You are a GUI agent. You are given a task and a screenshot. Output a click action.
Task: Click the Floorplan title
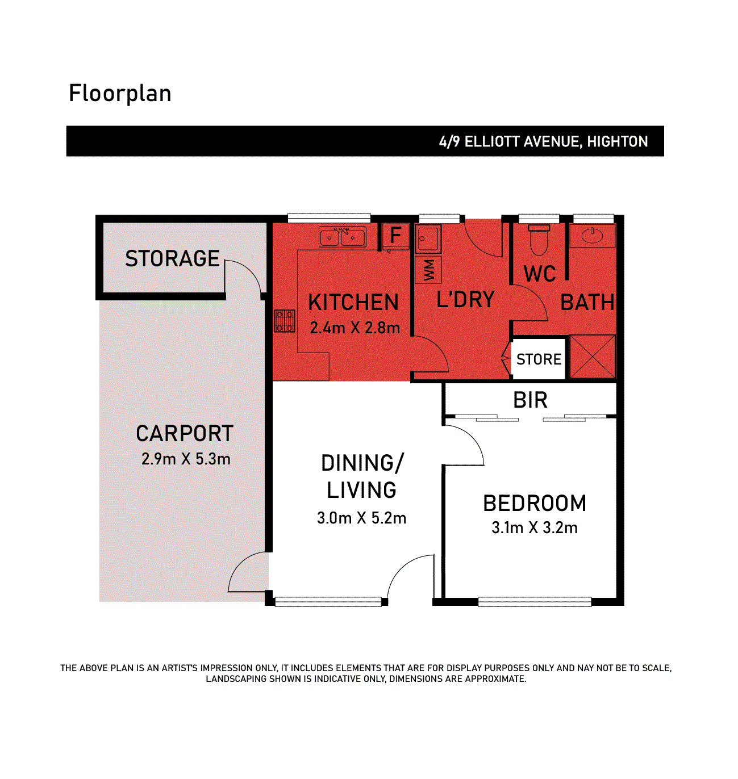click(x=120, y=94)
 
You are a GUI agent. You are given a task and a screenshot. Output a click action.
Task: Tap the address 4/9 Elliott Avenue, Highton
click(x=543, y=141)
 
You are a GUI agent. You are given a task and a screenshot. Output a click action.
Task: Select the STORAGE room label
click(x=172, y=259)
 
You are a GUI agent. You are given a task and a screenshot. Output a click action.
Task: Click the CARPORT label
click(x=185, y=434)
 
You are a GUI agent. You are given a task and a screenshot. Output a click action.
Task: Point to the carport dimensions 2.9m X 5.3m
click(x=186, y=459)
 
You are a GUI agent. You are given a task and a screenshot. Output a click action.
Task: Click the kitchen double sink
click(x=342, y=237)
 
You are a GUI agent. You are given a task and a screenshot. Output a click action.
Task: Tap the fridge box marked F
click(x=395, y=236)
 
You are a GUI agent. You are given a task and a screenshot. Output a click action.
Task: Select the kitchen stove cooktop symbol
click(x=285, y=320)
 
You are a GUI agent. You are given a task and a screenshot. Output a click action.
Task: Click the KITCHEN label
click(x=353, y=303)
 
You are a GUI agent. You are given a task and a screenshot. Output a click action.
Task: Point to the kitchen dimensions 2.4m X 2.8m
click(x=355, y=328)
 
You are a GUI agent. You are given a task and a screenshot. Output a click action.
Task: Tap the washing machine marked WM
click(x=428, y=270)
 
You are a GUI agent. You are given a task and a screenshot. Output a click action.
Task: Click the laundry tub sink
click(x=427, y=239)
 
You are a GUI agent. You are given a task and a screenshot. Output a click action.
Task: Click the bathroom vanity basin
click(x=592, y=236)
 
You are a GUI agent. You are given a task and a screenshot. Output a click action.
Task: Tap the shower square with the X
click(x=592, y=357)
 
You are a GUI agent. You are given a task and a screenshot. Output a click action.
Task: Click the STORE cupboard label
click(x=539, y=359)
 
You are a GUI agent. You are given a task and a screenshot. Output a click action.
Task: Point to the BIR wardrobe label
click(x=530, y=400)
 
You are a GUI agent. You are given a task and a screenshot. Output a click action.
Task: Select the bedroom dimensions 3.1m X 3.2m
click(x=534, y=527)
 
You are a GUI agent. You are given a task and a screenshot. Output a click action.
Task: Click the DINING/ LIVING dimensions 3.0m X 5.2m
click(x=361, y=518)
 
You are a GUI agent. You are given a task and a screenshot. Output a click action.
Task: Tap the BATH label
click(x=587, y=303)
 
